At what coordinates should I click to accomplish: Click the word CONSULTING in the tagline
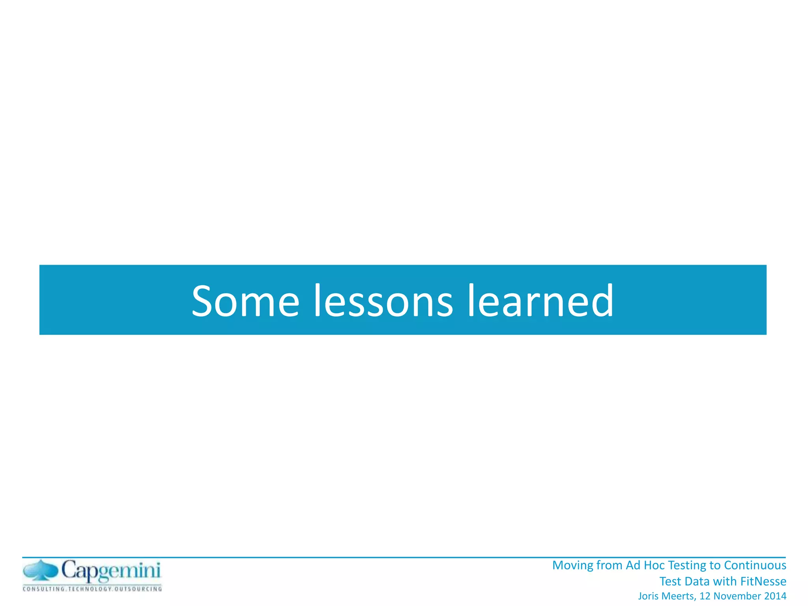click(44, 589)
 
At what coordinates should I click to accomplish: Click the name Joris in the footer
click(648, 596)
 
